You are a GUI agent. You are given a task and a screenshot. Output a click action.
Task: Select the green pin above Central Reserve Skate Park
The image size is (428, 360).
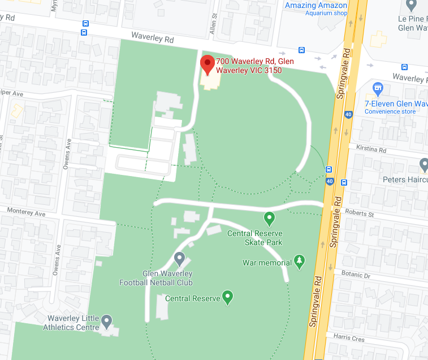point(269,218)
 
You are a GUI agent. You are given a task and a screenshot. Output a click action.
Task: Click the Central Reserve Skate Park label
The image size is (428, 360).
point(254,238)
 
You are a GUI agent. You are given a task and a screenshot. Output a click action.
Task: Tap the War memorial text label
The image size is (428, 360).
point(267,263)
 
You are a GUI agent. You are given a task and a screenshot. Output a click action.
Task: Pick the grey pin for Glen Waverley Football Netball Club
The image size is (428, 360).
point(180,259)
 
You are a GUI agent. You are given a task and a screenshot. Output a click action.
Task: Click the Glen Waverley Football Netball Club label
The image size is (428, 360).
point(156,278)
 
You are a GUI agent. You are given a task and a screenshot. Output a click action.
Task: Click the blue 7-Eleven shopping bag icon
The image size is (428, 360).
point(378,88)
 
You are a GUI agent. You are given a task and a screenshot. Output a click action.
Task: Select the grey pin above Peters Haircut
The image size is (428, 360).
point(425,165)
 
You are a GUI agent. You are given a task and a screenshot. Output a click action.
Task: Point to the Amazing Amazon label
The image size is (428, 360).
point(315,6)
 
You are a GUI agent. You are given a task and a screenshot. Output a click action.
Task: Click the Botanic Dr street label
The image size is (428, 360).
point(356,275)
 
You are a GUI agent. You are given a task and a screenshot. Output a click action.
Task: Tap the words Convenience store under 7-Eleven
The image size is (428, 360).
point(390,112)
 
